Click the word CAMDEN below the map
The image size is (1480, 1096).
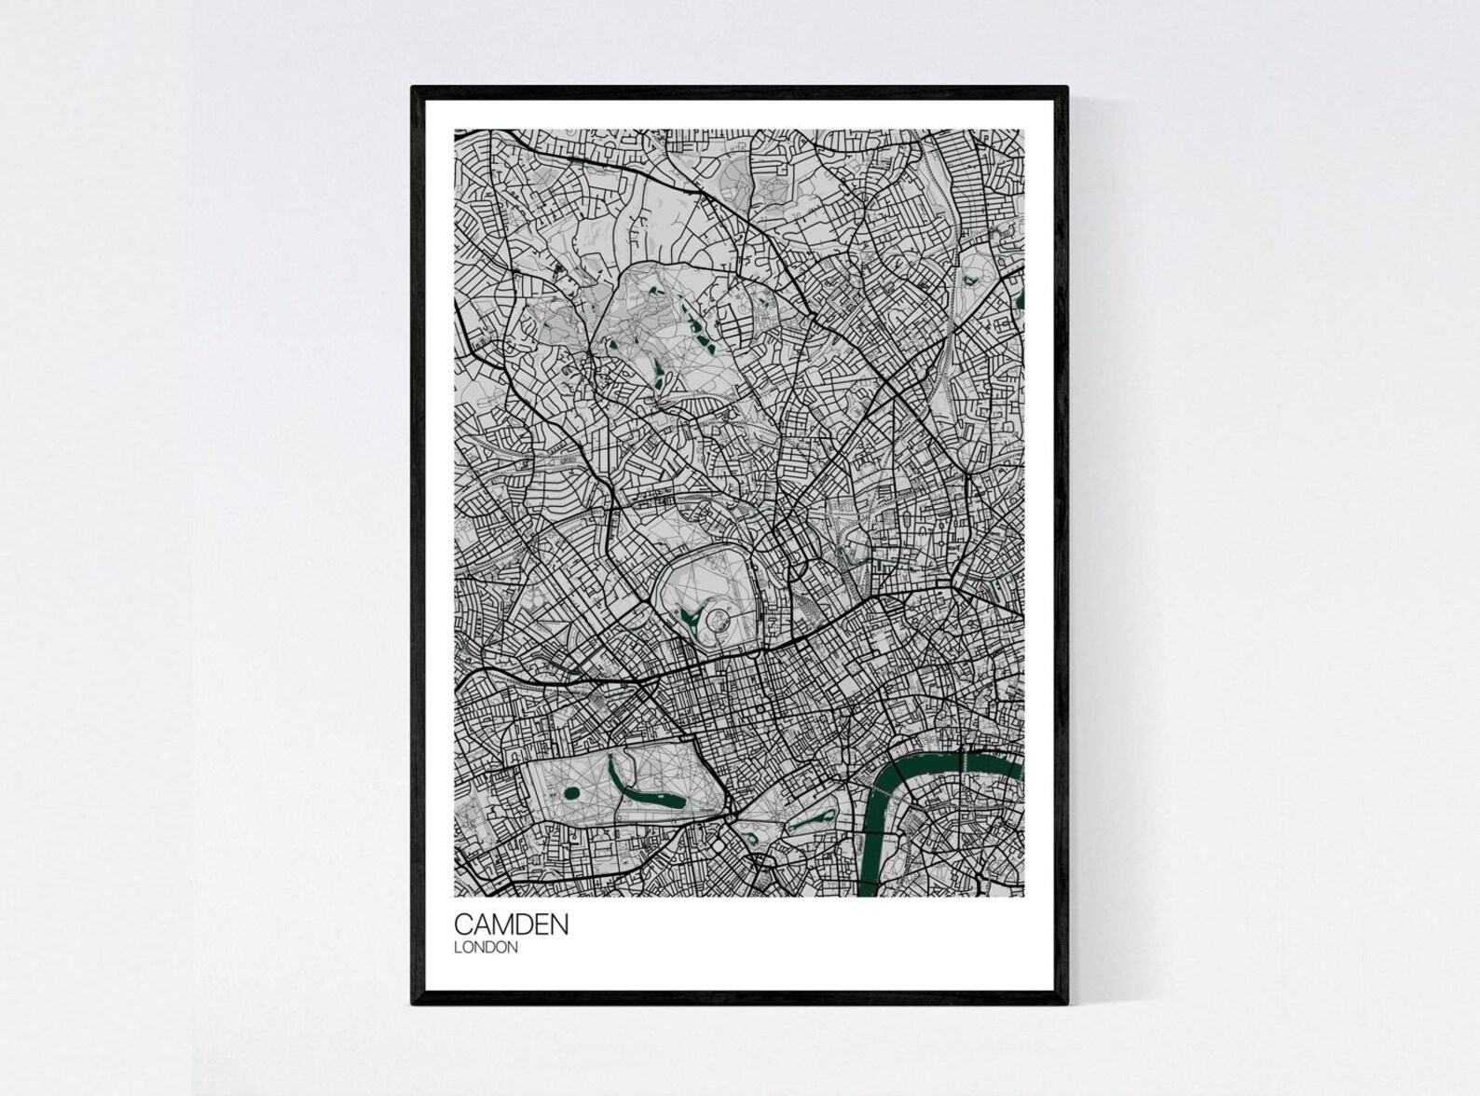511,925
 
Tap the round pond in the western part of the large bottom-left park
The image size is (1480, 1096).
571,794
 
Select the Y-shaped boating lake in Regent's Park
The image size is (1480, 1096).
692,614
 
